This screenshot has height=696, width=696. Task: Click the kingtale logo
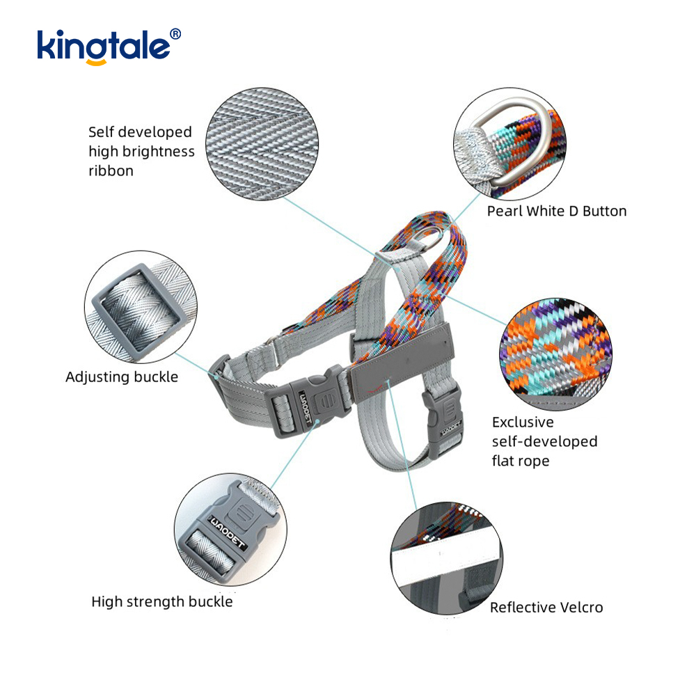[109, 47]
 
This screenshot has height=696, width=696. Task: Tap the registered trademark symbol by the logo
[176, 34]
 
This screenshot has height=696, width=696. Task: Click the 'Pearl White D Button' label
[557, 212]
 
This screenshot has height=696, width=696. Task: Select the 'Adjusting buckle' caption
[122, 377]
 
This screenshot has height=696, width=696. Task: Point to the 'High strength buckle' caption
[162, 602]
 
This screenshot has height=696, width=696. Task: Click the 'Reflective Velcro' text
[546, 607]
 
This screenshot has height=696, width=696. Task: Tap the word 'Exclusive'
[523, 422]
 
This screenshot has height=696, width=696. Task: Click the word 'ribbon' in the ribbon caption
[111, 171]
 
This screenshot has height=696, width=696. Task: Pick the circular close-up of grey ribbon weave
[262, 144]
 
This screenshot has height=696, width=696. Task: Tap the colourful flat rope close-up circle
[555, 354]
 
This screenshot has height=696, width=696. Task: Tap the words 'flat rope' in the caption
[521, 461]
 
